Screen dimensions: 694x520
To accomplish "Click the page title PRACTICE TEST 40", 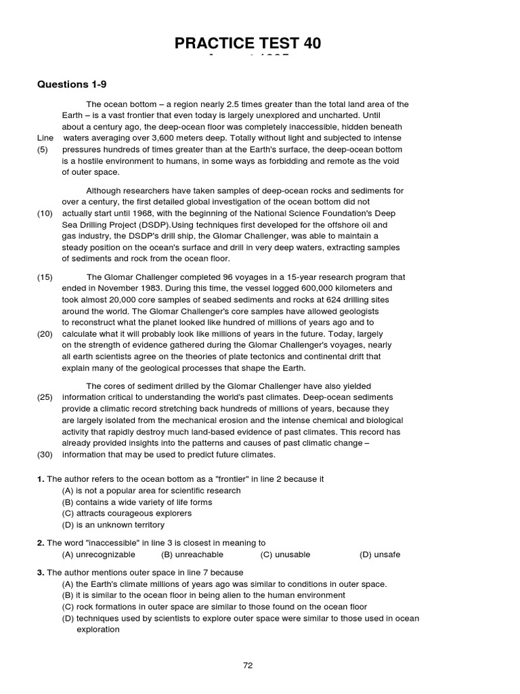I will pos(248,44).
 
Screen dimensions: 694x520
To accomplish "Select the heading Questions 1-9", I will pos(72,85).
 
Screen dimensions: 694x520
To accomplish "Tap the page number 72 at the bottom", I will pos(248,666).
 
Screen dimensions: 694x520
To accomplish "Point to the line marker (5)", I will pos(43,150).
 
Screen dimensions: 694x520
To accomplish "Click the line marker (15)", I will pos(45,277).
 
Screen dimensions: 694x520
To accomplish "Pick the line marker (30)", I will pos(45,454).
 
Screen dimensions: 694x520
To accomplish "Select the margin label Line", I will pos(45,138).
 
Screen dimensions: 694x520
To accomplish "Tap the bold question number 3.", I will pos(41,573).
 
